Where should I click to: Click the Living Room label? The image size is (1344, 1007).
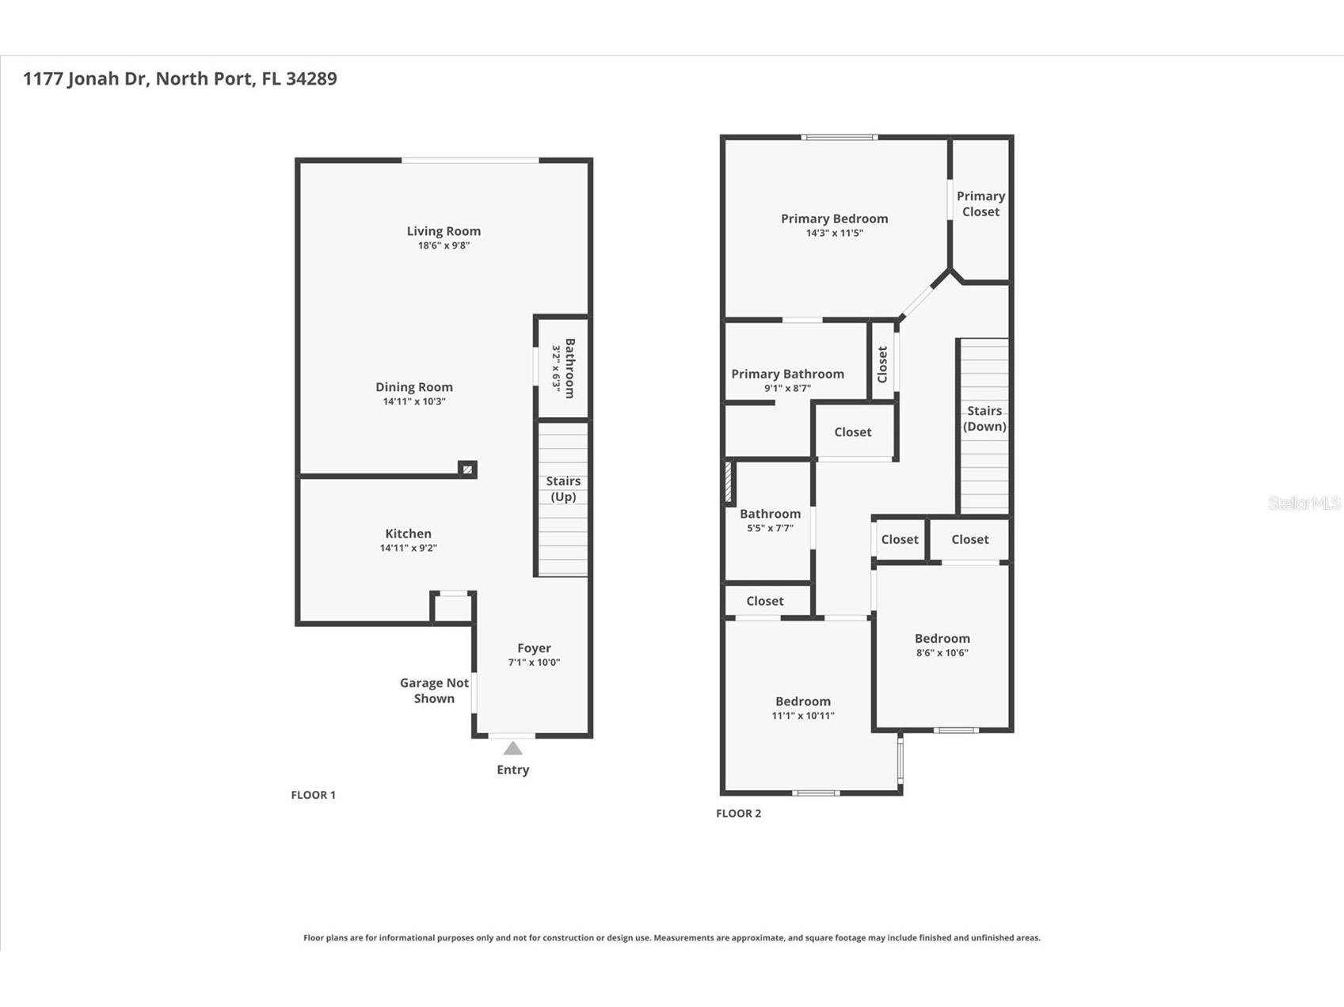[x=444, y=231]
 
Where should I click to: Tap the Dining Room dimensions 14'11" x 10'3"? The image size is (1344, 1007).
[x=414, y=401]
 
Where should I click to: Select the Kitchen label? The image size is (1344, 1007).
[x=408, y=534]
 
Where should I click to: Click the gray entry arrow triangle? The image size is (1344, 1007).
[x=513, y=748]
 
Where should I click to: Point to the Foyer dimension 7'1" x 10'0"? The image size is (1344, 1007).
[x=534, y=663]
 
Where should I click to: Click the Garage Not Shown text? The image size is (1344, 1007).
[x=434, y=690]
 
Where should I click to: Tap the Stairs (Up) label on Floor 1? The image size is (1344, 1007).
[x=563, y=488]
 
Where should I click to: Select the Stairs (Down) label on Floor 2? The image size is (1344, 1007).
[x=984, y=418]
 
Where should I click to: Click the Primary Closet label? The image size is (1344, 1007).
[x=980, y=203]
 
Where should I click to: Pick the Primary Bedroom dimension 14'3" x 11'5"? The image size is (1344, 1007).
[x=834, y=233]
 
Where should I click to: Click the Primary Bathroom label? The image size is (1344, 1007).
[x=787, y=374]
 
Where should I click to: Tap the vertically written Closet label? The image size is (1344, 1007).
[x=882, y=364]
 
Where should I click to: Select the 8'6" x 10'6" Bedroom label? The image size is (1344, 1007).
[x=942, y=638]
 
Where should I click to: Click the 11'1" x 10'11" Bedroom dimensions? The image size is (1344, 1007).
[x=803, y=716]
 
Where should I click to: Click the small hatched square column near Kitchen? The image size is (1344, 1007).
[x=467, y=469]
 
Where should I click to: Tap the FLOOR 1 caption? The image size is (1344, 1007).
[x=313, y=795]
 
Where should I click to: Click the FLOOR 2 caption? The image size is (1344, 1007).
[x=738, y=813]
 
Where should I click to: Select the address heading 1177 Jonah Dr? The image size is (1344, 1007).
[x=180, y=78]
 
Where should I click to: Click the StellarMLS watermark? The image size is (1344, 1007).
[x=1304, y=503]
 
